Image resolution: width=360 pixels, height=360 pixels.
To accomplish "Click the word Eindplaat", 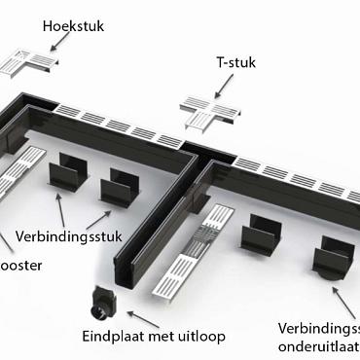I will click(x=116, y=337).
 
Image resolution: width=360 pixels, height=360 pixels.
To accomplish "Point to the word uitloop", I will click(x=201, y=337).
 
